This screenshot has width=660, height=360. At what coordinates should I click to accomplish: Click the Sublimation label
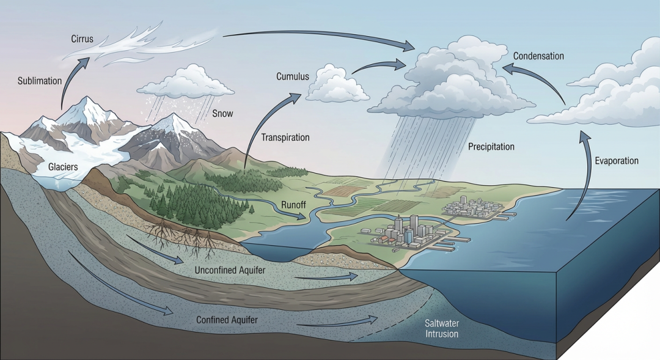pos(40,81)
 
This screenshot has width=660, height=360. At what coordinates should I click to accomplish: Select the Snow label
pos(222,114)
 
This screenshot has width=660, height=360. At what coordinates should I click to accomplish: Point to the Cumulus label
pos(292,77)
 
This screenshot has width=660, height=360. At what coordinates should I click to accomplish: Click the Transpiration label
pos(285,138)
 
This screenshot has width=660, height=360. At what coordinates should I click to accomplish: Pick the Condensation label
pos(538,56)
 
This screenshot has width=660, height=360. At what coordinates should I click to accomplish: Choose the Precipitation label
pos(491,147)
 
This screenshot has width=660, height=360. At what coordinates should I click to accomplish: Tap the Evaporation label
pos(617,161)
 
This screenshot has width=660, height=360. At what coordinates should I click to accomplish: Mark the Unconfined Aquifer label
pos(226,270)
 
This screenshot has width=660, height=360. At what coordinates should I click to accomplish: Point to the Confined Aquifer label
pos(227,320)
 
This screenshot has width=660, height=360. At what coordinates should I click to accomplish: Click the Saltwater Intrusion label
pos(442,329)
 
